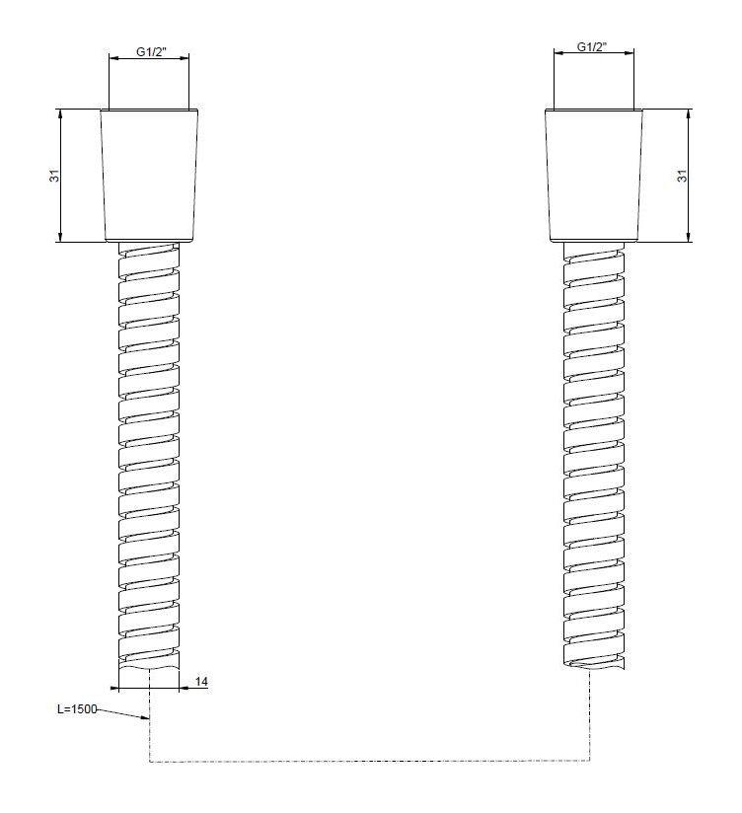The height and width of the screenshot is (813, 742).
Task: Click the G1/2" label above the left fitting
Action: pyautogui.click(x=151, y=52)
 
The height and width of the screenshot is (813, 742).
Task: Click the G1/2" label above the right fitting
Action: pyautogui.click(x=592, y=46)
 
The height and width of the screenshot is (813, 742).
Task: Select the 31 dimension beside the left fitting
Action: pyautogui.click(x=54, y=176)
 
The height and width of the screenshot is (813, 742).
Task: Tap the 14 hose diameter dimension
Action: pyautogui.click(x=201, y=682)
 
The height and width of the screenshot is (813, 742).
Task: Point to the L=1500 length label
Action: pyautogui.click(x=77, y=708)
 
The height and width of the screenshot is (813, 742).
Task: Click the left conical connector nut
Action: pyautogui.click(x=149, y=176)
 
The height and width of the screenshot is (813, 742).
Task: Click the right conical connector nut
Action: pyautogui.click(x=594, y=176)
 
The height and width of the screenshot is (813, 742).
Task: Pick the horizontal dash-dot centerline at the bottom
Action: pyautogui.click(x=369, y=761)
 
